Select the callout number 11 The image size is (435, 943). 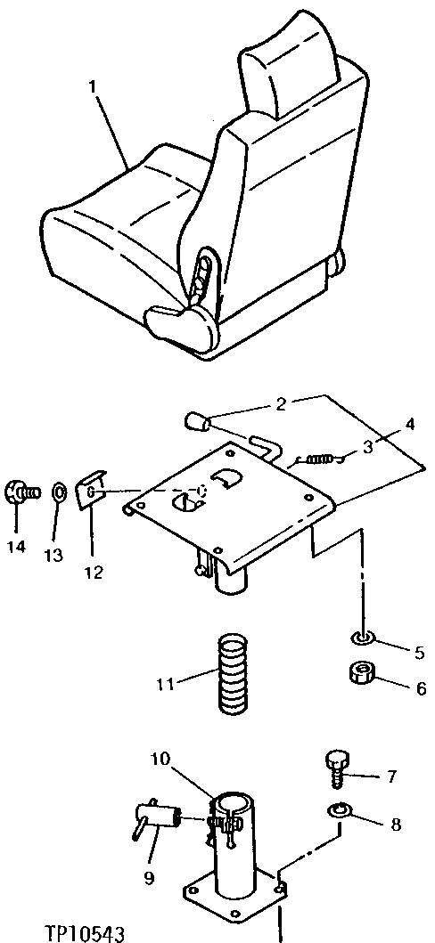click(x=163, y=684)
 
